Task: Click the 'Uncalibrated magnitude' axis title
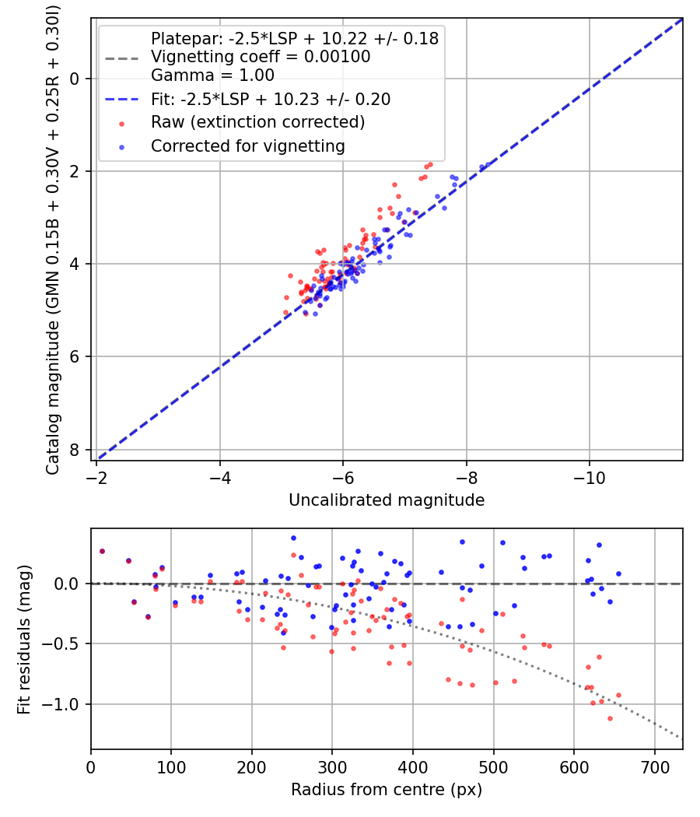point(387,500)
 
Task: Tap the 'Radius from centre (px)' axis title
point(387,790)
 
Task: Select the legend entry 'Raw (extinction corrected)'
point(257,122)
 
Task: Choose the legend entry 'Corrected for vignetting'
point(247,146)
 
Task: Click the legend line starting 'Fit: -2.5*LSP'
point(270,99)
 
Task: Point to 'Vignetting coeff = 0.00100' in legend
point(261,57)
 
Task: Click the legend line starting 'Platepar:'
point(294,38)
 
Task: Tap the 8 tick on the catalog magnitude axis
point(75,450)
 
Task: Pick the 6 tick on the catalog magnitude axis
point(75,357)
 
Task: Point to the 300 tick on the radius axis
point(332,765)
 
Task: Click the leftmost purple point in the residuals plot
point(102,551)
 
